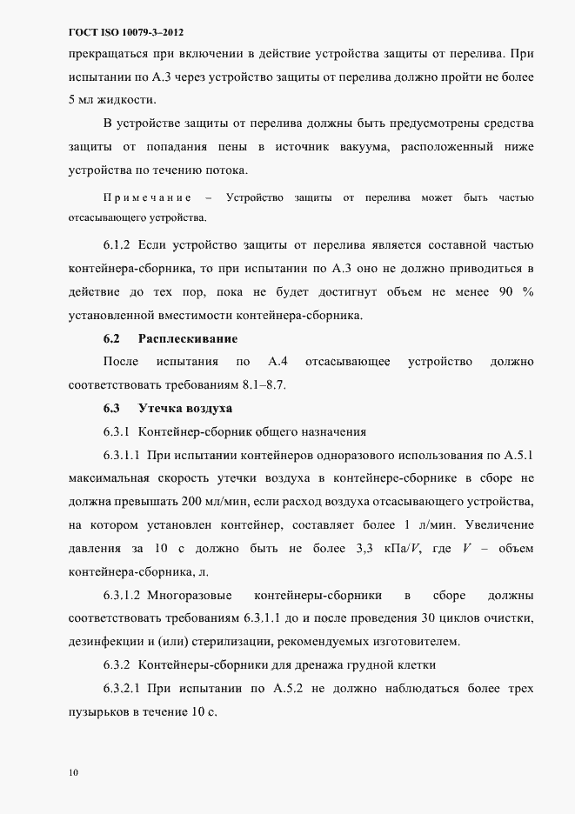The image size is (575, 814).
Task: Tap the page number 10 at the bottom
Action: [73, 771]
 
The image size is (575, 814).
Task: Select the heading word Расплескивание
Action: [188, 337]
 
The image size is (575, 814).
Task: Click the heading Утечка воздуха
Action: [184, 408]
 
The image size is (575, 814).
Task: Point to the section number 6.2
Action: [110, 337]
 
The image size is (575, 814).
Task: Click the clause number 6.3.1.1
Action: [122, 454]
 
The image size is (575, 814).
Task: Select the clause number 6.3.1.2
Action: [122, 595]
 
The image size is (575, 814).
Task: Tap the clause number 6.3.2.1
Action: [122, 689]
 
